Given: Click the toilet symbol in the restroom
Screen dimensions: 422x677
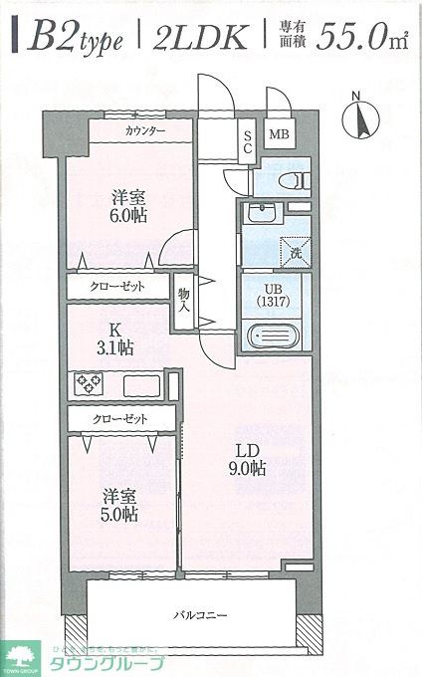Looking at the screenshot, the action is [x=294, y=181].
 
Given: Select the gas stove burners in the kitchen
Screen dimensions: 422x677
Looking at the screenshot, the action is [x=89, y=383].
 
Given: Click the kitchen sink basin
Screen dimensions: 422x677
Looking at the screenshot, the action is [x=142, y=385].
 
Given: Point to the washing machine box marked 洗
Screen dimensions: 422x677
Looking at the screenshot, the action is [x=296, y=253].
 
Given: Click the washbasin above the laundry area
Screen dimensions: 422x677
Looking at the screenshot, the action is [x=262, y=212].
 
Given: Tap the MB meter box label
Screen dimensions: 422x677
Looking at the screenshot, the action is [x=279, y=133].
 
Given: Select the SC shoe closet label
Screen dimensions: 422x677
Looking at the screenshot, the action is [x=248, y=142].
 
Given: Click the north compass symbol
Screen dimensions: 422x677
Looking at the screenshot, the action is [x=360, y=117].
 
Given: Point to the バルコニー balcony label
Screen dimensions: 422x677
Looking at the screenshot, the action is [x=200, y=614].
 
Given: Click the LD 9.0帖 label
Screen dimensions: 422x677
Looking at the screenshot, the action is [x=247, y=460].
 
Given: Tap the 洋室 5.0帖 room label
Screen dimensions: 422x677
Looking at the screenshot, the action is [x=119, y=506].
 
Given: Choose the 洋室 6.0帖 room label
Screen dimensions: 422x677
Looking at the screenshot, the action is [x=128, y=206].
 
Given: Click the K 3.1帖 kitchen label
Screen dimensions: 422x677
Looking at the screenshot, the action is [x=114, y=338].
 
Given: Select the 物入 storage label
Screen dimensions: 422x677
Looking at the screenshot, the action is [x=184, y=301].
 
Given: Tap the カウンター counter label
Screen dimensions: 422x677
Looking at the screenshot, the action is [x=145, y=130].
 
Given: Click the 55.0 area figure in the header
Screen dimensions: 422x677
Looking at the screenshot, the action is [x=350, y=37].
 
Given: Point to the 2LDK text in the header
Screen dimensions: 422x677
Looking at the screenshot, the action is [x=200, y=36].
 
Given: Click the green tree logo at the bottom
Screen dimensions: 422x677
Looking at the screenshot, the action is [x=19, y=657].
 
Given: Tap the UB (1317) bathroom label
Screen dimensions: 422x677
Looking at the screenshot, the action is [x=273, y=296].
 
